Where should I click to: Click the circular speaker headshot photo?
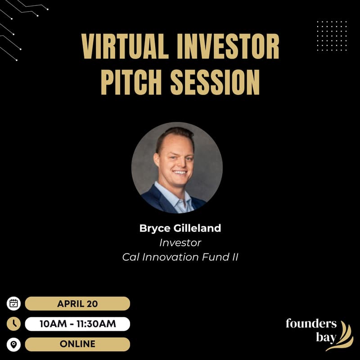coord(177,167)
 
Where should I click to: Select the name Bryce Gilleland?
coord(180,228)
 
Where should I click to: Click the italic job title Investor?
coord(180,243)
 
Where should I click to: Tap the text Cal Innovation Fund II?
coord(180,257)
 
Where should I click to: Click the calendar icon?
coord(14,303)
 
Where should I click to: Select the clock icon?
coord(14,324)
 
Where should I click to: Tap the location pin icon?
coord(14,344)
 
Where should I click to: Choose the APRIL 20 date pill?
coord(77,303)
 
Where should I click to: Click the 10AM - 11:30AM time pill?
coord(77,324)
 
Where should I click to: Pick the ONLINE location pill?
coord(77,344)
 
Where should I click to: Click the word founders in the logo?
coord(311,324)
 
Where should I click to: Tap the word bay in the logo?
coord(326,337)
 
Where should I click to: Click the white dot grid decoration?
coord(332,36)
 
